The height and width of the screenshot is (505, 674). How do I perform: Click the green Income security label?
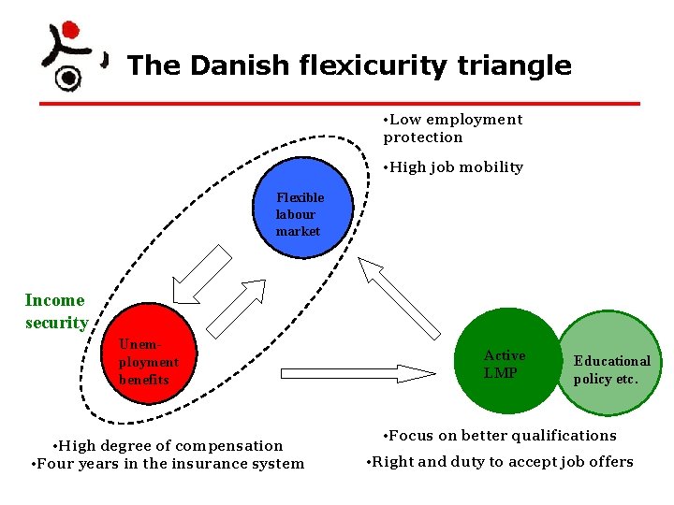coord(55,311)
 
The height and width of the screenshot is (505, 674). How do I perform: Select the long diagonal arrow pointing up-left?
coord(399,297)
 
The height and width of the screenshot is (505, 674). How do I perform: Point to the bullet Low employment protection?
coord(453,128)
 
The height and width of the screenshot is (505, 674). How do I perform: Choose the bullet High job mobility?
coord(453,167)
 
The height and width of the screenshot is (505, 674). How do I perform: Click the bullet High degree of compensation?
coord(168,445)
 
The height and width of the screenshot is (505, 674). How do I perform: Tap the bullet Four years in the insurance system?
coord(168,463)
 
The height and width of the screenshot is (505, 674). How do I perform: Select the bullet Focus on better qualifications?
coord(500,435)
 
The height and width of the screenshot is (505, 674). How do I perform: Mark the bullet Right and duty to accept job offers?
coord(500,461)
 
